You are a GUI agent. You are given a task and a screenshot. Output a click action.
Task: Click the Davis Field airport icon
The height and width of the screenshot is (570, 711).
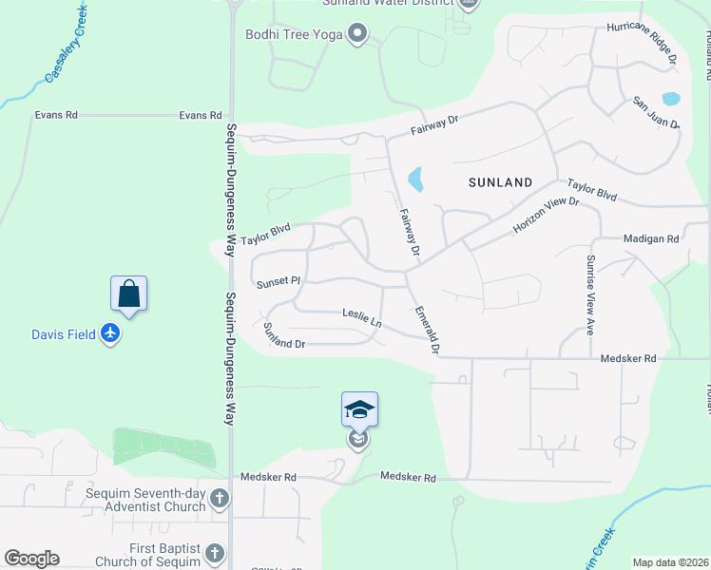click(x=111, y=334)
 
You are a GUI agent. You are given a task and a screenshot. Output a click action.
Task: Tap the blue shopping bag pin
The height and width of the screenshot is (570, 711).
click(x=129, y=294)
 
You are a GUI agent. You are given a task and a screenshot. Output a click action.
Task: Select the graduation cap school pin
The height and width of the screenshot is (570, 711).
click(x=359, y=410)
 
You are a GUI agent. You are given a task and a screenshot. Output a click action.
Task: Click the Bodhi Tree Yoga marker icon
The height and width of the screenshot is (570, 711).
click(x=357, y=35)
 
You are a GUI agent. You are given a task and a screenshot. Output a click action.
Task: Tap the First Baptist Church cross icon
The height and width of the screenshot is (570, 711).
click(x=215, y=553)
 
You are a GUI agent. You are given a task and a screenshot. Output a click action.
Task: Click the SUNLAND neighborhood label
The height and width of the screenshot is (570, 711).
click(x=499, y=181)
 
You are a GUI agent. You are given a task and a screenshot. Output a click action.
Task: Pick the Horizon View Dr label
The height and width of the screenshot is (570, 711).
click(x=546, y=216)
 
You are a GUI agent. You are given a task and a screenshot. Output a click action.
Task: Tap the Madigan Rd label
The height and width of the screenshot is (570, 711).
click(x=651, y=239)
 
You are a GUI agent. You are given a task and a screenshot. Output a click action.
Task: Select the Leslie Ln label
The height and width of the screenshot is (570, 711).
click(x=362, y=318)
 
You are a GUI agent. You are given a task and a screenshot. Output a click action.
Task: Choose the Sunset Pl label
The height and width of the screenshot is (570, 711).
click(x=278, y=282)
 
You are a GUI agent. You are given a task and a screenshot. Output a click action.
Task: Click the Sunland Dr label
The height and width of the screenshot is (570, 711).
click(x=283, y=335)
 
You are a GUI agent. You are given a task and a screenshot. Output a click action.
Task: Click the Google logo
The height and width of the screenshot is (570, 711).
click(x=31, y=559)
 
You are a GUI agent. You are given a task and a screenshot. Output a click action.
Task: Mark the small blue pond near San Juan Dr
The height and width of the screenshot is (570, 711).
click(x=670, y=98)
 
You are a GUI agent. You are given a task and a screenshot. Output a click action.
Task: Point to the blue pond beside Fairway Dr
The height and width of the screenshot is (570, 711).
click(x=415, y=179)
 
